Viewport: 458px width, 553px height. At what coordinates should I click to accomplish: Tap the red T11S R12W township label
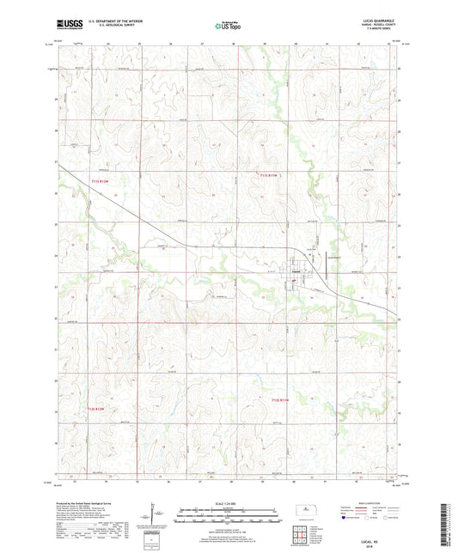[101, 179]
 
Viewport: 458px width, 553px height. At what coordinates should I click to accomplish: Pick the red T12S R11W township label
[282, 400]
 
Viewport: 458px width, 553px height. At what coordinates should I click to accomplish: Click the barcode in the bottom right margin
[448, 523]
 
